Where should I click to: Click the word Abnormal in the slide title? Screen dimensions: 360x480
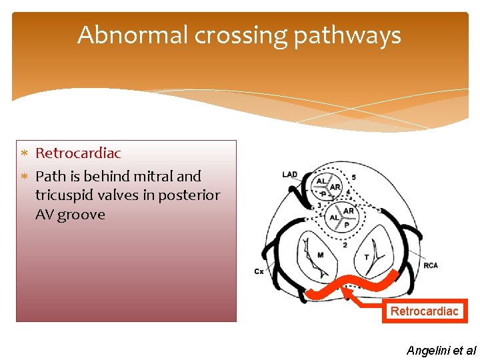coord(133,35)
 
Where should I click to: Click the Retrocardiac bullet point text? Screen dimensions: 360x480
coord(78,153)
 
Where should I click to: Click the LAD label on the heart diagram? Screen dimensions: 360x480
coord(290,175)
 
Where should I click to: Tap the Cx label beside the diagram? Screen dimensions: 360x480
coord(259,271)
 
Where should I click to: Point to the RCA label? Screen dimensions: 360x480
coord(431,265)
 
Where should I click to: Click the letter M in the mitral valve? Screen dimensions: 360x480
coord(321,254)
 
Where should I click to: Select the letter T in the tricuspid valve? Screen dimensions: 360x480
coord(366,257)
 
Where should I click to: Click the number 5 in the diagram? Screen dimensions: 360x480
coord(353,177)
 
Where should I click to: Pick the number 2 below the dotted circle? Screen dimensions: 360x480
coord(344,245)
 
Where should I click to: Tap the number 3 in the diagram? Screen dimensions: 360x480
coord(319,205)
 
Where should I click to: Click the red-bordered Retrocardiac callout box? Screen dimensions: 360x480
coord(425,311)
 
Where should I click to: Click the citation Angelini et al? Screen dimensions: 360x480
coord(441,349)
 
